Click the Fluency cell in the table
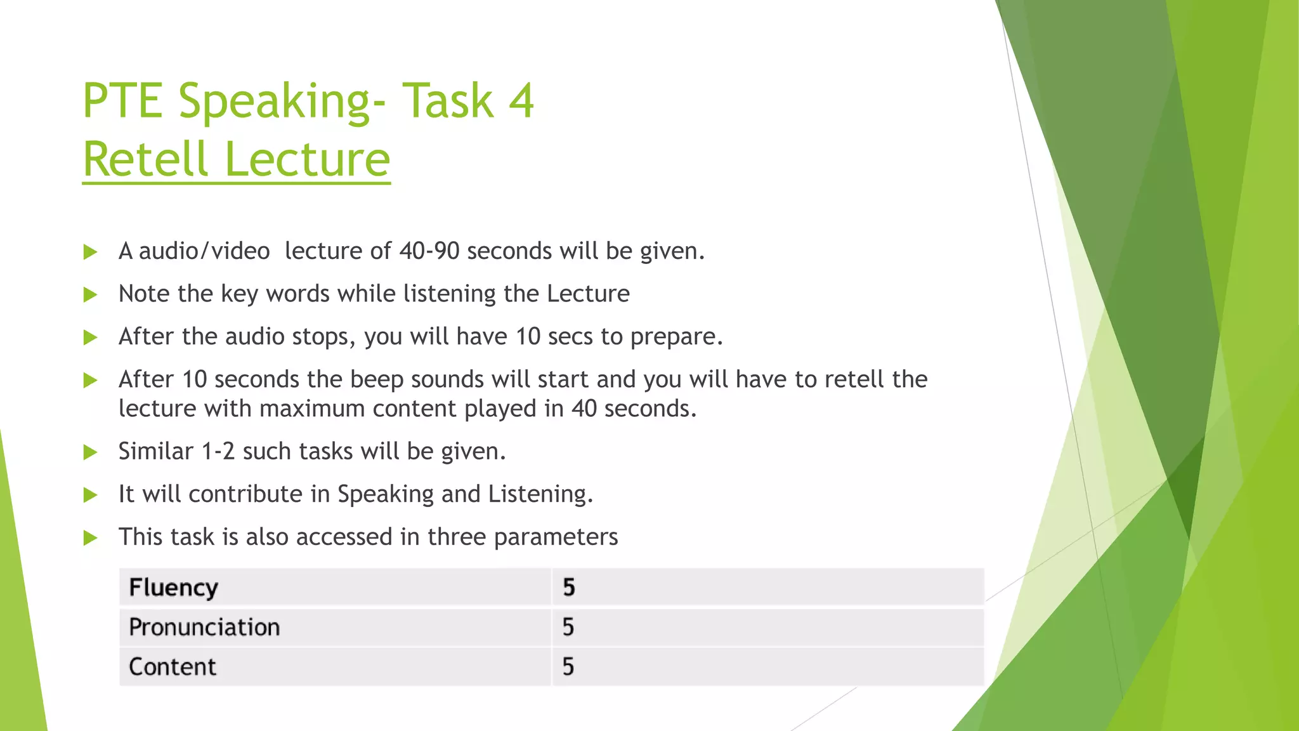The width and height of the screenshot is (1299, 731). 173,588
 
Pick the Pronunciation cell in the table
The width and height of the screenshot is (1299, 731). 204,628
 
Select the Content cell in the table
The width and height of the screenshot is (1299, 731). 173,667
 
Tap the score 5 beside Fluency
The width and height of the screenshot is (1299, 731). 568,588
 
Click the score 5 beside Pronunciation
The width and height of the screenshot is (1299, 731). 568,628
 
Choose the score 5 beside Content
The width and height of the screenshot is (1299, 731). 568,667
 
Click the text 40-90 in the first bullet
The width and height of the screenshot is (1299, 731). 429,251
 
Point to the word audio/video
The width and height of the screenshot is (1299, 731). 204,251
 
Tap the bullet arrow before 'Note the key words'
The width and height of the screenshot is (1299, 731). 90,294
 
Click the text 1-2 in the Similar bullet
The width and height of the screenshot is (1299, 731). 218,451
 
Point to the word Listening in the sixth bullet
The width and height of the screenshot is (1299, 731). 539,494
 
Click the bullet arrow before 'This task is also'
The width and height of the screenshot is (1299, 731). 90,538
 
